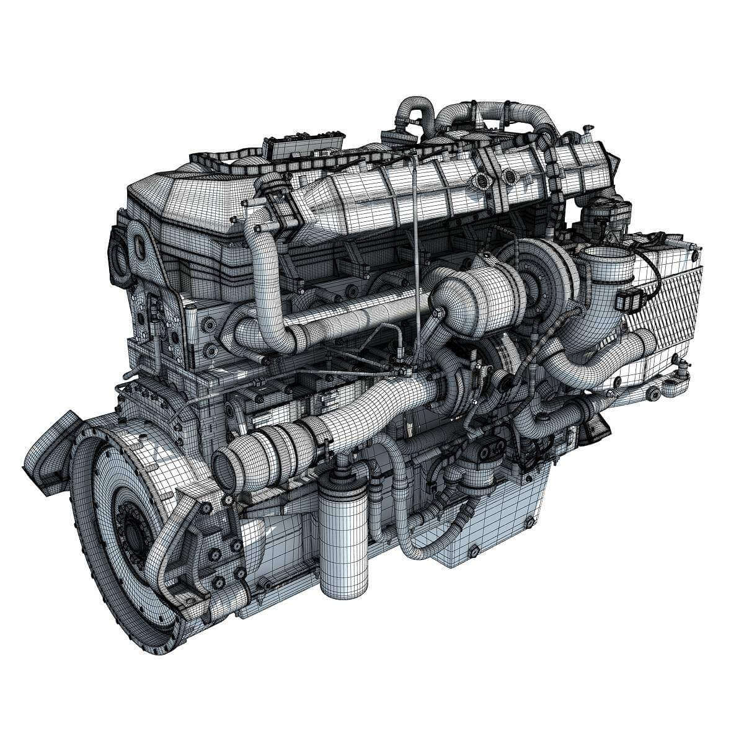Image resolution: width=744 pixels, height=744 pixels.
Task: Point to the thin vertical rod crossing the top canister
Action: click(x=414, y=248)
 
